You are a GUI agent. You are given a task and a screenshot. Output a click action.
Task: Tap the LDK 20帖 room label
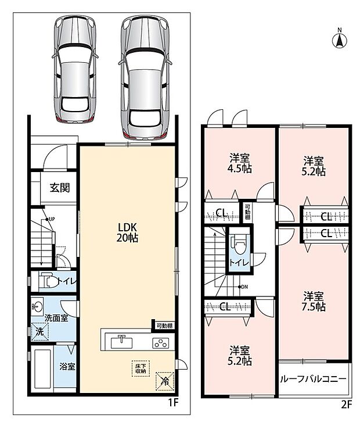coord(127,233)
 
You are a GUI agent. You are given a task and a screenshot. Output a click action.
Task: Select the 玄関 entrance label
coord(60,188)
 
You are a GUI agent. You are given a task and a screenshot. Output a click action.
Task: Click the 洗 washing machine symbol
coord(39,331)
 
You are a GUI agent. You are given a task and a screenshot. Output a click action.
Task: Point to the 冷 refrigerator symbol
coord(165,381)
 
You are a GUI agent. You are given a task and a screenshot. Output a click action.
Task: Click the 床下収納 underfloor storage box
coord(141,369)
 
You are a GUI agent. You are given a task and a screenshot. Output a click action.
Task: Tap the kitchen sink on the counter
coord(121,342)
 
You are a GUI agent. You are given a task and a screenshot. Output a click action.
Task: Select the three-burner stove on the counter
coord(160,343)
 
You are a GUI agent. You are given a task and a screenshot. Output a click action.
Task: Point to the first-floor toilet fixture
coord(48,281)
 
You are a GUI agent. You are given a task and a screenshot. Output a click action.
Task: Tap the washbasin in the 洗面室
coord(37,305)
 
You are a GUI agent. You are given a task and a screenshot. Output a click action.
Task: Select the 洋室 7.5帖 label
coord(314,302)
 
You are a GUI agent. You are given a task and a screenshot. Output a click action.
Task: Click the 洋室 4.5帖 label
coord(239,163)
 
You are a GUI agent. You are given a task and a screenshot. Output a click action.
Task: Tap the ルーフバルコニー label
coord(313,379)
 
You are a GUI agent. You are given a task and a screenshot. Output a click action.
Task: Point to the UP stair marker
coord(51,219)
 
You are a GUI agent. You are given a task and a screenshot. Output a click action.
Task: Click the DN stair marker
coord(243,287)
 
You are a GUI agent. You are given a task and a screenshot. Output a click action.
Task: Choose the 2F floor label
coord(346,405)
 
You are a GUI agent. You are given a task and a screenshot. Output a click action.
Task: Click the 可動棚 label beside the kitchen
coord(164,326)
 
